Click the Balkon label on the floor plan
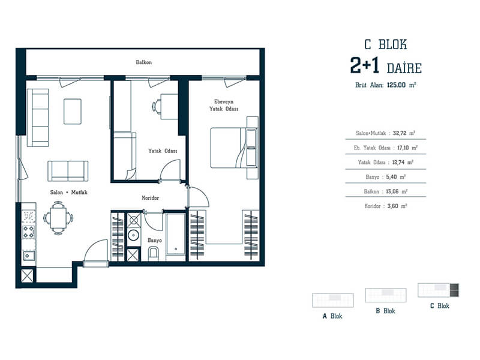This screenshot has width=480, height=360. pyautogui.click(x=143, y=62)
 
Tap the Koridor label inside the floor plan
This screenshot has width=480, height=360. pyautogui.click(x=151, y=198)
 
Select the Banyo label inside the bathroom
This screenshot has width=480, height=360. pyautogui.click(x=155, y=241)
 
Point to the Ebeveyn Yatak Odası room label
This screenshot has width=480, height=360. pyautogui.click(x=224, y=105)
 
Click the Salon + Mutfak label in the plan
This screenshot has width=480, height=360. pyautogui.click(x=69, y=192)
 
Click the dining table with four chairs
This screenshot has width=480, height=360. pyautogui.click(x=58, y=218)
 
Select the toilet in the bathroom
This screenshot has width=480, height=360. pyautogui.click(x=153, y=254)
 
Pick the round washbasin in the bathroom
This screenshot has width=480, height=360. pyautogui.click(x=134, y=235)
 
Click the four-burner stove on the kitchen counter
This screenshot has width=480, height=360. pyautogui.click(x=28, y=232)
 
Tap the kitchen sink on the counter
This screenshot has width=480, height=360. pyautogui.click(x=28, y=255)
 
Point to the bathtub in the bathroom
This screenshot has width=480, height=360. pyautogui.click(x=176, y=234)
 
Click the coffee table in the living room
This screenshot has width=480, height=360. pyautogui.click(x=73, y=112)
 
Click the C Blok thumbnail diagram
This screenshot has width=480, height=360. pyautogui.click(x=439, y=290)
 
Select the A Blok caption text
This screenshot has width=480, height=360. pyautogui.click(x=332, y=316)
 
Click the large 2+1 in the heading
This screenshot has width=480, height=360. pyautogui.click(x=365, y=65)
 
